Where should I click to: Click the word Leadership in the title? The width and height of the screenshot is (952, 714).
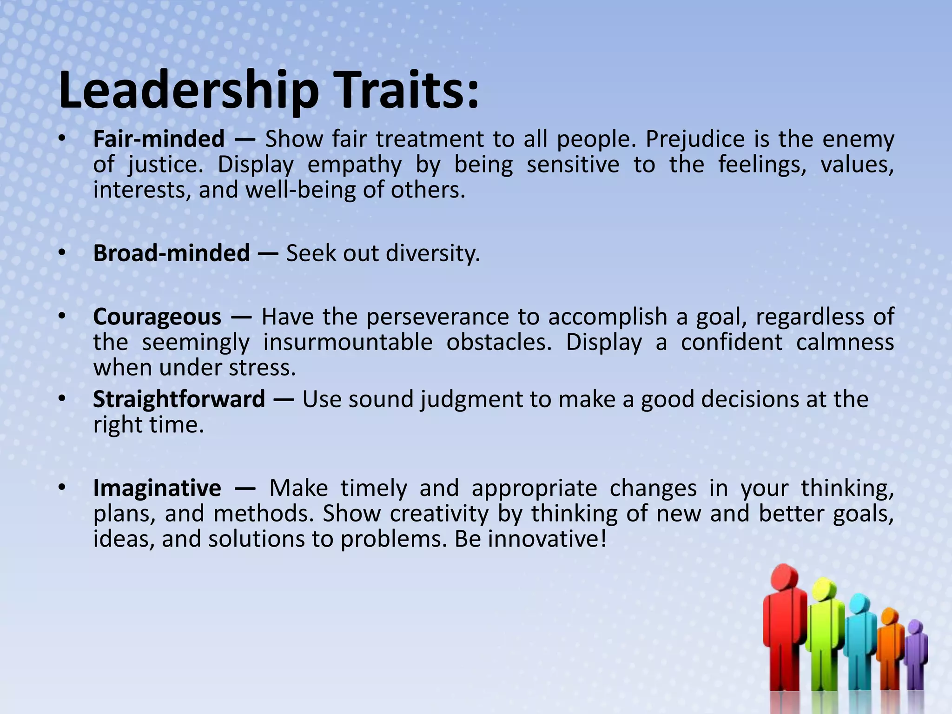click(x=188, y=91)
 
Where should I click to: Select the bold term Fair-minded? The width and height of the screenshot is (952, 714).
click(x=159, y=139)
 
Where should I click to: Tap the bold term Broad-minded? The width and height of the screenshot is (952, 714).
click(x=171, y=253)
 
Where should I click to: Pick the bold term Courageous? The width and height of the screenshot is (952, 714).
click(x=157, y=317)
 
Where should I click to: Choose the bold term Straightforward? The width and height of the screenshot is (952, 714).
click(x=178, y=399)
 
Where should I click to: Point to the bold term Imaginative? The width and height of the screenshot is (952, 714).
click(x=157, y=488)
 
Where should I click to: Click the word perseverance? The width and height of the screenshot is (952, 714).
click(x=437, y=317)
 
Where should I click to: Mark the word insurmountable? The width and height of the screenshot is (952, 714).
click(x=348, y=343)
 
